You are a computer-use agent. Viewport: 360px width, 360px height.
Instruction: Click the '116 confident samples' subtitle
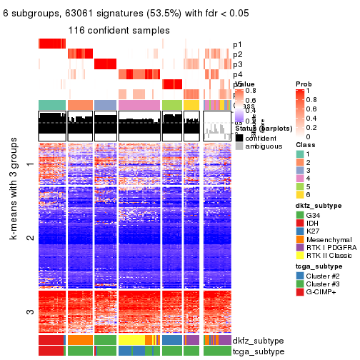click(x=119, y=31)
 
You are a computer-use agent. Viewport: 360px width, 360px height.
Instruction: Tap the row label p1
click(x=237, y=44)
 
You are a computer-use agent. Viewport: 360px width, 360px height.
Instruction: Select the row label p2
click(x=237, y=54)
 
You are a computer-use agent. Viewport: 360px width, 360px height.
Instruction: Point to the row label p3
click(x=237, y=64)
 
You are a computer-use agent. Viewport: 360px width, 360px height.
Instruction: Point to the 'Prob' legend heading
click(x=303, y=84)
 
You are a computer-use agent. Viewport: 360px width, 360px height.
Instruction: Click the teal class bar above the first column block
click(x=52, y=105)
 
